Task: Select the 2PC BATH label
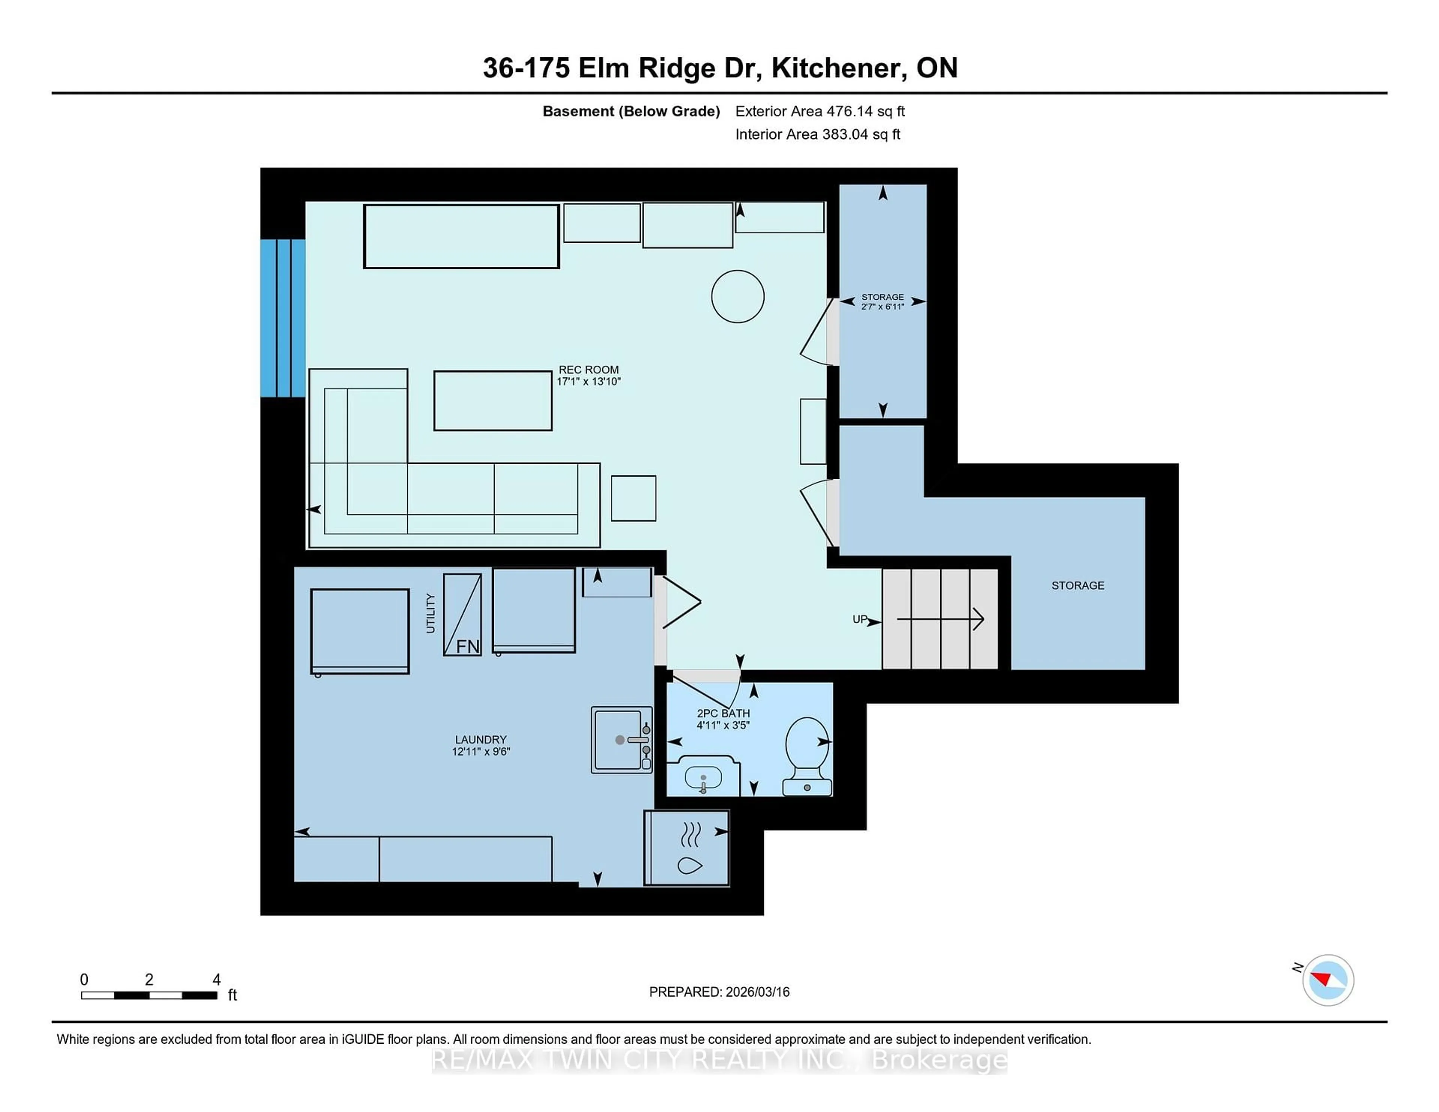[x=723, y=719]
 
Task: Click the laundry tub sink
[x=621, y=739]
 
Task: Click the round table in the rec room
[x=737, y=296]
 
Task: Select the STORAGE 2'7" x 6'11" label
[x=882, y=302]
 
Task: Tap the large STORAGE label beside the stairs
[x=1077, y=585]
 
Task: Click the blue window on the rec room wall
[x=283, y=318]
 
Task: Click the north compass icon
[x=1328, y=980]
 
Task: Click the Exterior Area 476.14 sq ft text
[x=820, y=111]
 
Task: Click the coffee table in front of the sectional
[x=492, y=401]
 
